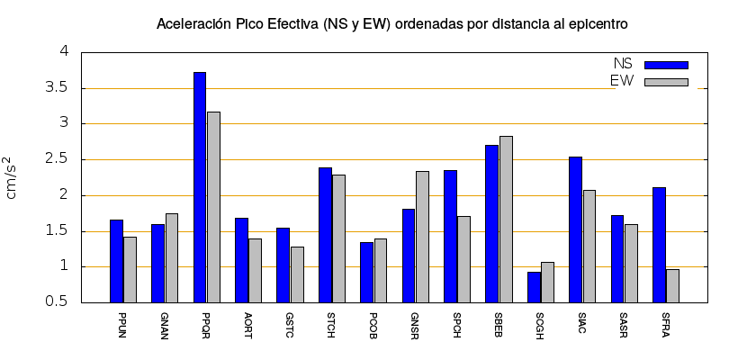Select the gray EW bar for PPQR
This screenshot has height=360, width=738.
point(213,207)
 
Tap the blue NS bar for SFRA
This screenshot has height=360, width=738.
point(659,245)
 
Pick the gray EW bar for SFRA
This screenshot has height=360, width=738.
point(672,285)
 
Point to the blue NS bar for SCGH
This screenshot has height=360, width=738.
point(534,287)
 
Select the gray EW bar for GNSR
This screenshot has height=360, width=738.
point(422,237)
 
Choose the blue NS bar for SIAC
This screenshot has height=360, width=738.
point(575,229)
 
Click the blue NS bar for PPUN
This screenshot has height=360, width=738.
point(116,261)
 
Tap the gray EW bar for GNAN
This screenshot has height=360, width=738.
point(172,257)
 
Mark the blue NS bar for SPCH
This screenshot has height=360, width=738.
point(450,236)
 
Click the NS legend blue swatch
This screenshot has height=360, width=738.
point(666,65)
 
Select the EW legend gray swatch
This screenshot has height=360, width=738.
point(666,82)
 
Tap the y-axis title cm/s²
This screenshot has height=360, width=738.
point(13,177)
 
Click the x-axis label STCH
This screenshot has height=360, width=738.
point(331,325)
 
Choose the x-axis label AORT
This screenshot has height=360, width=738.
point(247,325)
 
